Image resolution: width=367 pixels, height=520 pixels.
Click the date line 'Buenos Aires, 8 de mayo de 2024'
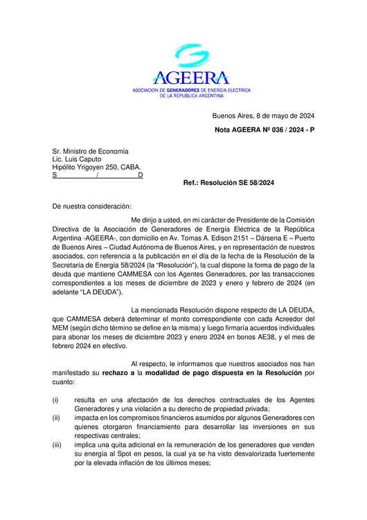pyautogui.click(x=263, y=116)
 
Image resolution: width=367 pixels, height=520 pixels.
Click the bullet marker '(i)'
pyautogui.click(x=56, y=399)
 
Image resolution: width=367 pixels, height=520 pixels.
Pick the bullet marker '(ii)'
pyautogui.click(x=57, y=417)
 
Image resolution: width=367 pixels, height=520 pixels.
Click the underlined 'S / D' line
pyautogui.click(x=98, y=175)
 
